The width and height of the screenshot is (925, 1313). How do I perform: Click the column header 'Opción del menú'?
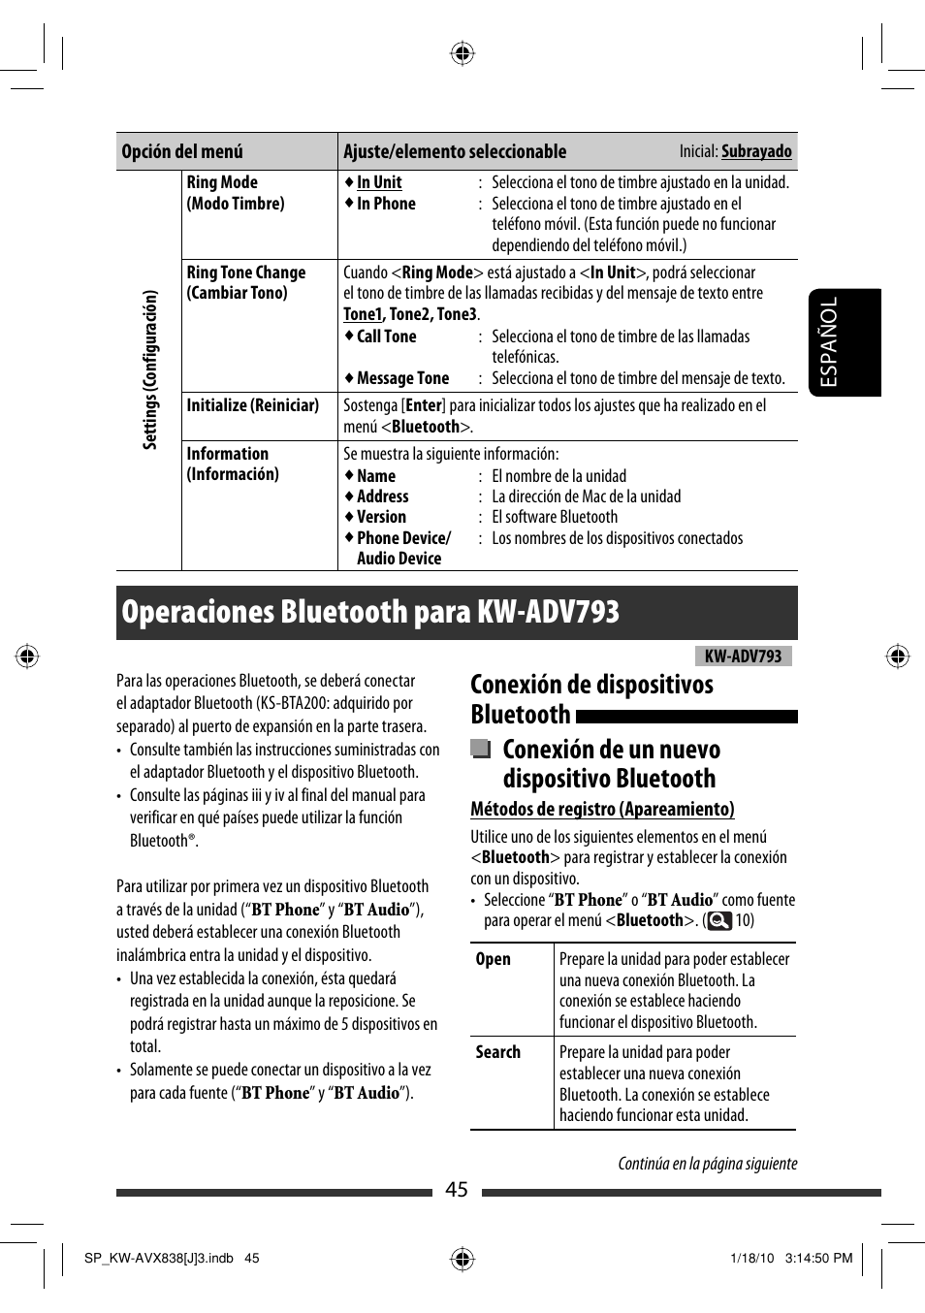[182, 151]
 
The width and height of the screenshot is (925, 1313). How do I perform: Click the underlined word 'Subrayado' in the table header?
[756, 151]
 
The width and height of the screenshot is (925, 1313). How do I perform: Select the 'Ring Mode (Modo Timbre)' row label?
[236, 193]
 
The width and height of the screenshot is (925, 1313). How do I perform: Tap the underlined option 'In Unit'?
[379, 182]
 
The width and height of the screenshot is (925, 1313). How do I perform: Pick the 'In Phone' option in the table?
[386, 204]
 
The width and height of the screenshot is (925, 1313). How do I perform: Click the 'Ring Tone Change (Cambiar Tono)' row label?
[245, 282]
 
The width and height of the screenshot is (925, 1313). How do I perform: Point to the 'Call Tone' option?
[386, 336]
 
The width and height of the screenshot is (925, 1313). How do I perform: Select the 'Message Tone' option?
[402, 378]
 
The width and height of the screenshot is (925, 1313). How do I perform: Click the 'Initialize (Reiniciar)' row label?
[252, 405]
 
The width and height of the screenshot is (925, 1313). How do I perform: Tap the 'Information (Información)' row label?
[233, 464]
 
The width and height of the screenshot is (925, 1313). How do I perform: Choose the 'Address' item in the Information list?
[382, 496]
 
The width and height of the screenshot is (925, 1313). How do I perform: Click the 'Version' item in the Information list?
[381, 517]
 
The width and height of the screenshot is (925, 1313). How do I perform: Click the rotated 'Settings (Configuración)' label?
[150, 369]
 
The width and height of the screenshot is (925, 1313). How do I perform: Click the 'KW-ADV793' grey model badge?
[743, 656]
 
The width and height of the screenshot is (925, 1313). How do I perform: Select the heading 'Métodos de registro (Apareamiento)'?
[602, 809]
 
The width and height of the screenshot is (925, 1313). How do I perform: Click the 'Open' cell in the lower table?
[493, 959]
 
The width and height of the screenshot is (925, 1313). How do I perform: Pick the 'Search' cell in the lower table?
[497, 1052]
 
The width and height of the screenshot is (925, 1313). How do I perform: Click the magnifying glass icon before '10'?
[718, 920]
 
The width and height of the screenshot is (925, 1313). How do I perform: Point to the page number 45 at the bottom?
[457, 1190]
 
